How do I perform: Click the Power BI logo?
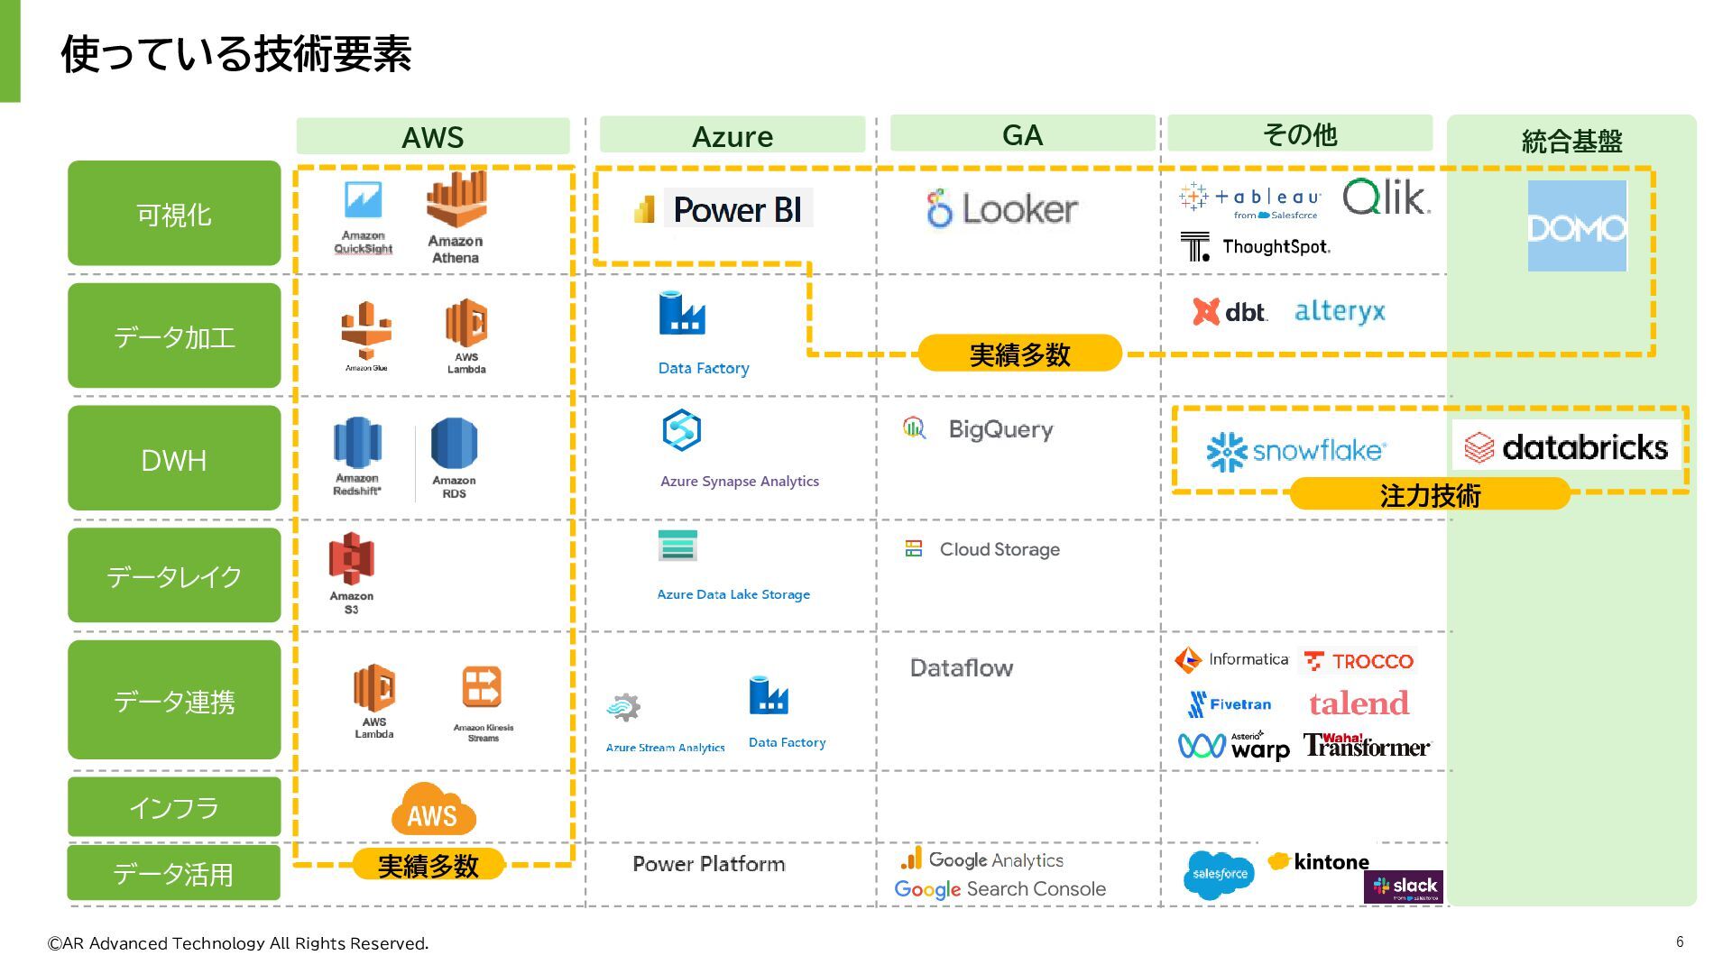pos(722,209)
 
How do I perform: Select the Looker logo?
pos(1002,208)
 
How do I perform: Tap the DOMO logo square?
pos(1577,225)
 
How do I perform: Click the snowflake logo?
pos(1295,451)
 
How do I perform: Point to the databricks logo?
pos(1566,446)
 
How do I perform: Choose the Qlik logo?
pos(1386,197)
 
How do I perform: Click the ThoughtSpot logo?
pos(1256,246)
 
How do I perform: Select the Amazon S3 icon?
pos(351,559)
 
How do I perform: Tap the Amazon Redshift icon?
pos(357,443)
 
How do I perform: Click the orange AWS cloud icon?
pos(433,809)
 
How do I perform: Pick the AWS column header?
pos(433,136)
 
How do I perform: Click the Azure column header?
pos(732,135)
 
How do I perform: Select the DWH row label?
pos(174,459)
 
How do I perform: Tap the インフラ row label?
pos(174,807)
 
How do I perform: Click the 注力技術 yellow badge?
pos(1430,495)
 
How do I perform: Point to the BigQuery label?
pos(1000,429)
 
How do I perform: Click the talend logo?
pos(1359,703)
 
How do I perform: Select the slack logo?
pos(1404,887)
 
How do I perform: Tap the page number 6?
pos(1680,942)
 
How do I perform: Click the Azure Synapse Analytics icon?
pos(682,430)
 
